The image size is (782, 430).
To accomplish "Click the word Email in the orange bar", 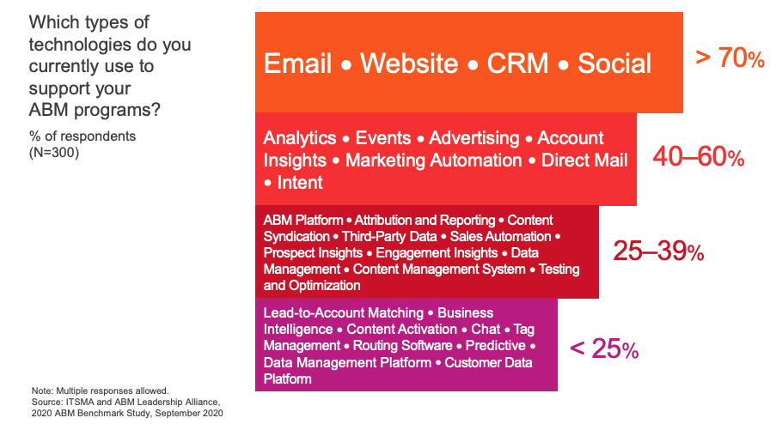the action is [x=297, y=64].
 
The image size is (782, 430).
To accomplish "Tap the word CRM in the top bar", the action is [x=517, y=64].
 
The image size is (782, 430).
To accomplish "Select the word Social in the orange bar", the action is [x=614, y=64].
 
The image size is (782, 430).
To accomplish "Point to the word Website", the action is [x=409, y=64].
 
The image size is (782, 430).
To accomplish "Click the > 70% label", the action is [x=730, y=58].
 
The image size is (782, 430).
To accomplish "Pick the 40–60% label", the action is [x=699, y=156].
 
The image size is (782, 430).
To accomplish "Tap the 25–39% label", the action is [x=658, y=251].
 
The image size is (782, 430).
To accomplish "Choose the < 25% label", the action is [x=604, y=348].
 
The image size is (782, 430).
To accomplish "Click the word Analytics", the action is [x=300, y=138].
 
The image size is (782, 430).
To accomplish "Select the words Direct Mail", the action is [x=584, y=160].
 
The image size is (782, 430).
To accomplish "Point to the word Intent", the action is [x=300, y=183].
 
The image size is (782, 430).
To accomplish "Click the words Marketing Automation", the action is [x=434, y=160].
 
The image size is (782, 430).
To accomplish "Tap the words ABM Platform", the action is [x=303, y=221].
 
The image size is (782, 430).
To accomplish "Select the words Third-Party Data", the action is [x=389, y=237].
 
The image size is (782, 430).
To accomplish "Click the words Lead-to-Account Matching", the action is [x=344, y=313].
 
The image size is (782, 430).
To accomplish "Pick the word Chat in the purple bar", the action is [x=486, y=330].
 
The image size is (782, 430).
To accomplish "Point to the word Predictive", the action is [x=495, y=346].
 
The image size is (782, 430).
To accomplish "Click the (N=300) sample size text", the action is [x=54, y=153].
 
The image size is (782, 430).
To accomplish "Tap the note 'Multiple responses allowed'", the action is [x=113, y=391].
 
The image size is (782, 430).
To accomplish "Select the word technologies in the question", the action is [x=80, y=45].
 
